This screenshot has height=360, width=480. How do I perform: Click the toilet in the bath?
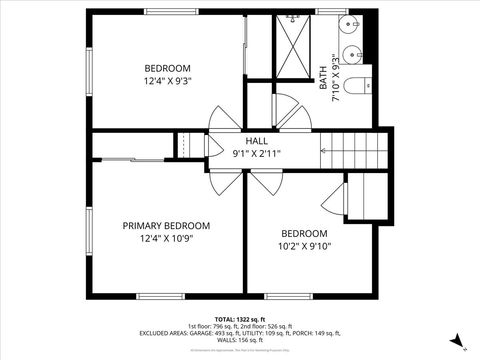click(x=358, y=84)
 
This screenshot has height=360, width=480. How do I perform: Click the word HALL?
click(x=257, y=141)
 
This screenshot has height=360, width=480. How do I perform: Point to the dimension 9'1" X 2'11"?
click(x=257, y=153)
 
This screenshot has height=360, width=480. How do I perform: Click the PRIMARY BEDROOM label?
click(x=166, y=226)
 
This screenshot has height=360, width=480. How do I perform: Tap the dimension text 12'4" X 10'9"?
click(x=166, y=239)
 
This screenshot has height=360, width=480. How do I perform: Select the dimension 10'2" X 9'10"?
click(x=304, y=246)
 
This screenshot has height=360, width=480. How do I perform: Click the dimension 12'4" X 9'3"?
click(x=167, y=81)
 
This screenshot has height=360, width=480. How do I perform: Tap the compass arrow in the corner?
click(x=457, y=340)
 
